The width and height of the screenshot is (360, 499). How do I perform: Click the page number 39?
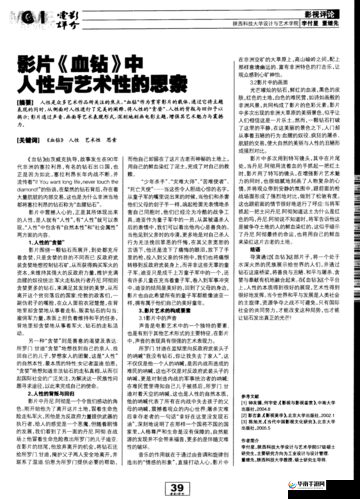180,483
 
